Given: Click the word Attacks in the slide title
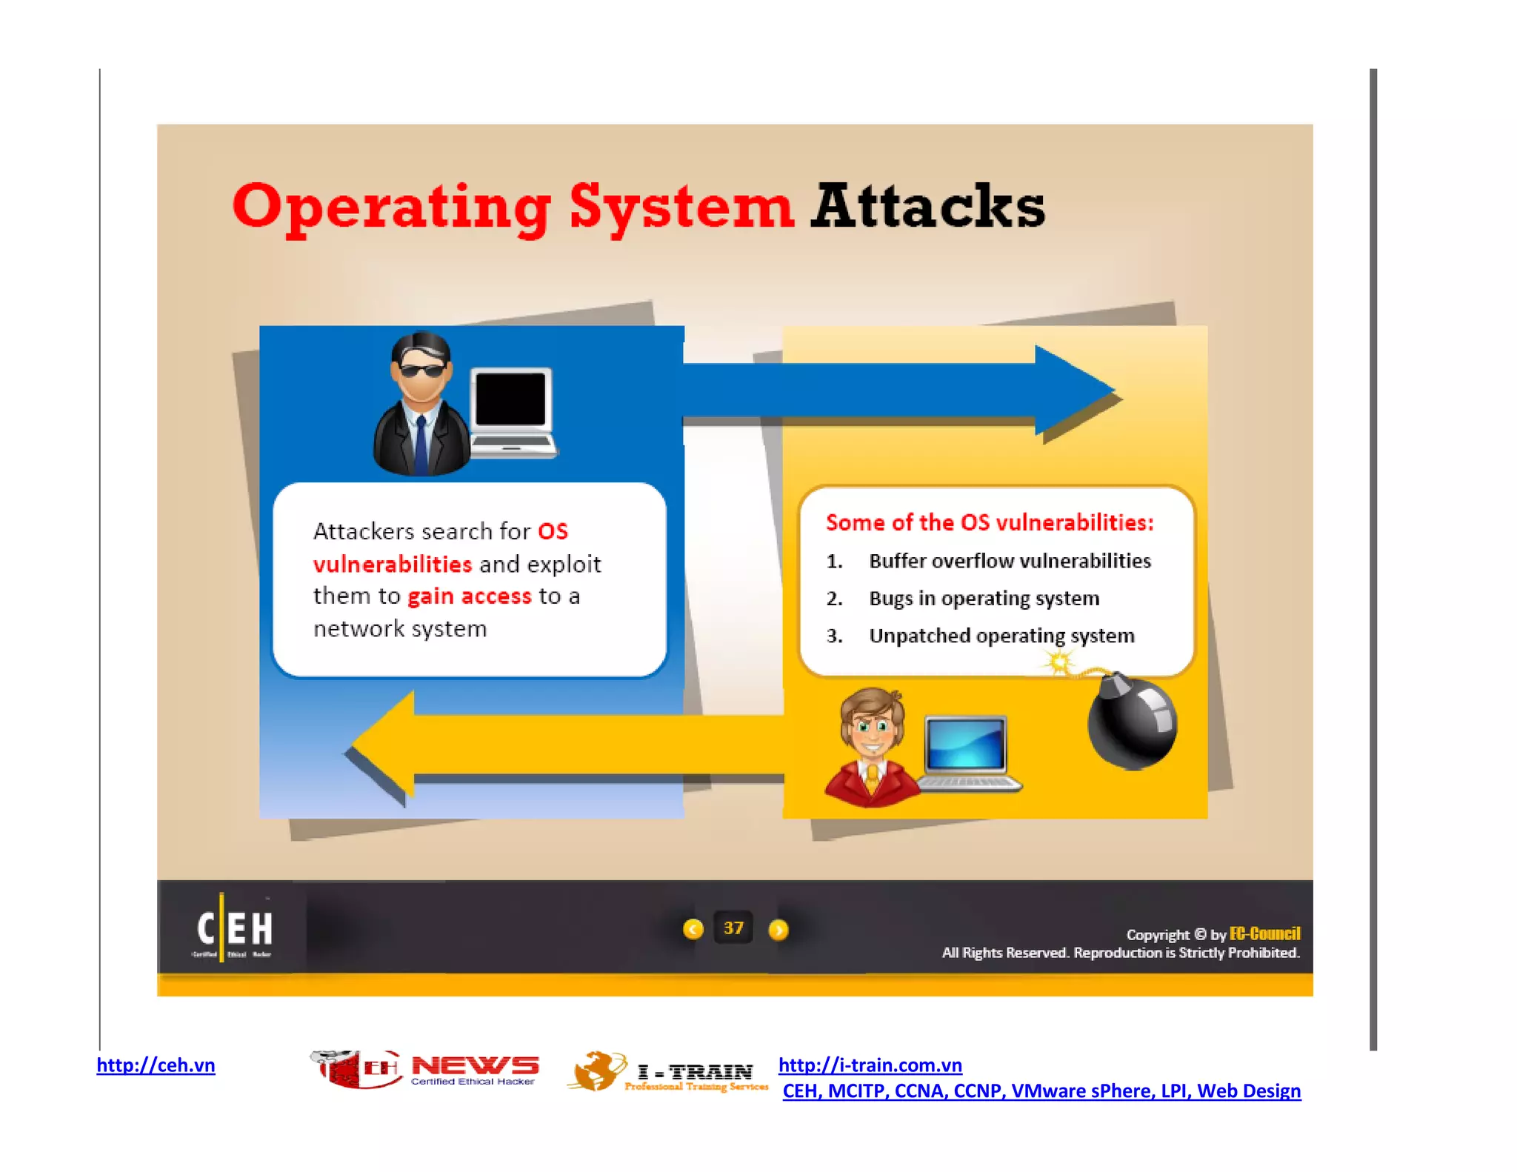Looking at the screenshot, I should pos(927,206).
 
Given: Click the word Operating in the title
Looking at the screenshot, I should pos(392,207).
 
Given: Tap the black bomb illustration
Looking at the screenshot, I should pos(1131,722).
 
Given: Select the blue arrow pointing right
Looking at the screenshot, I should pos(896,390).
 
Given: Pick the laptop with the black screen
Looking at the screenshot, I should pos(513,411).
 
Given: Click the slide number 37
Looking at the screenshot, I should pos(733,928).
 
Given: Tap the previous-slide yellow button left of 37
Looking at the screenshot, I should pos(693,929).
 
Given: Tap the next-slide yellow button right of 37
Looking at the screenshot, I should pos(778,930).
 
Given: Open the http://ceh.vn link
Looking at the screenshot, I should pos(156,1065).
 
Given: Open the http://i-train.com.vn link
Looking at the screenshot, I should pos(870,1065).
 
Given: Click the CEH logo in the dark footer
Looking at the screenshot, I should pos(233,928).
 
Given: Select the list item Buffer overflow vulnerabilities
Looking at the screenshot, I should pos(1010,561).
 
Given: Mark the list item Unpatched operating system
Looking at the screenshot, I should pos(1001,636).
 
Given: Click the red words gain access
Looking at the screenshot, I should pos(470,596).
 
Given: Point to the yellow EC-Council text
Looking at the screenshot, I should pos(1264,933).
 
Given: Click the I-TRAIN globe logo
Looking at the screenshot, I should pos(597,1071).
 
